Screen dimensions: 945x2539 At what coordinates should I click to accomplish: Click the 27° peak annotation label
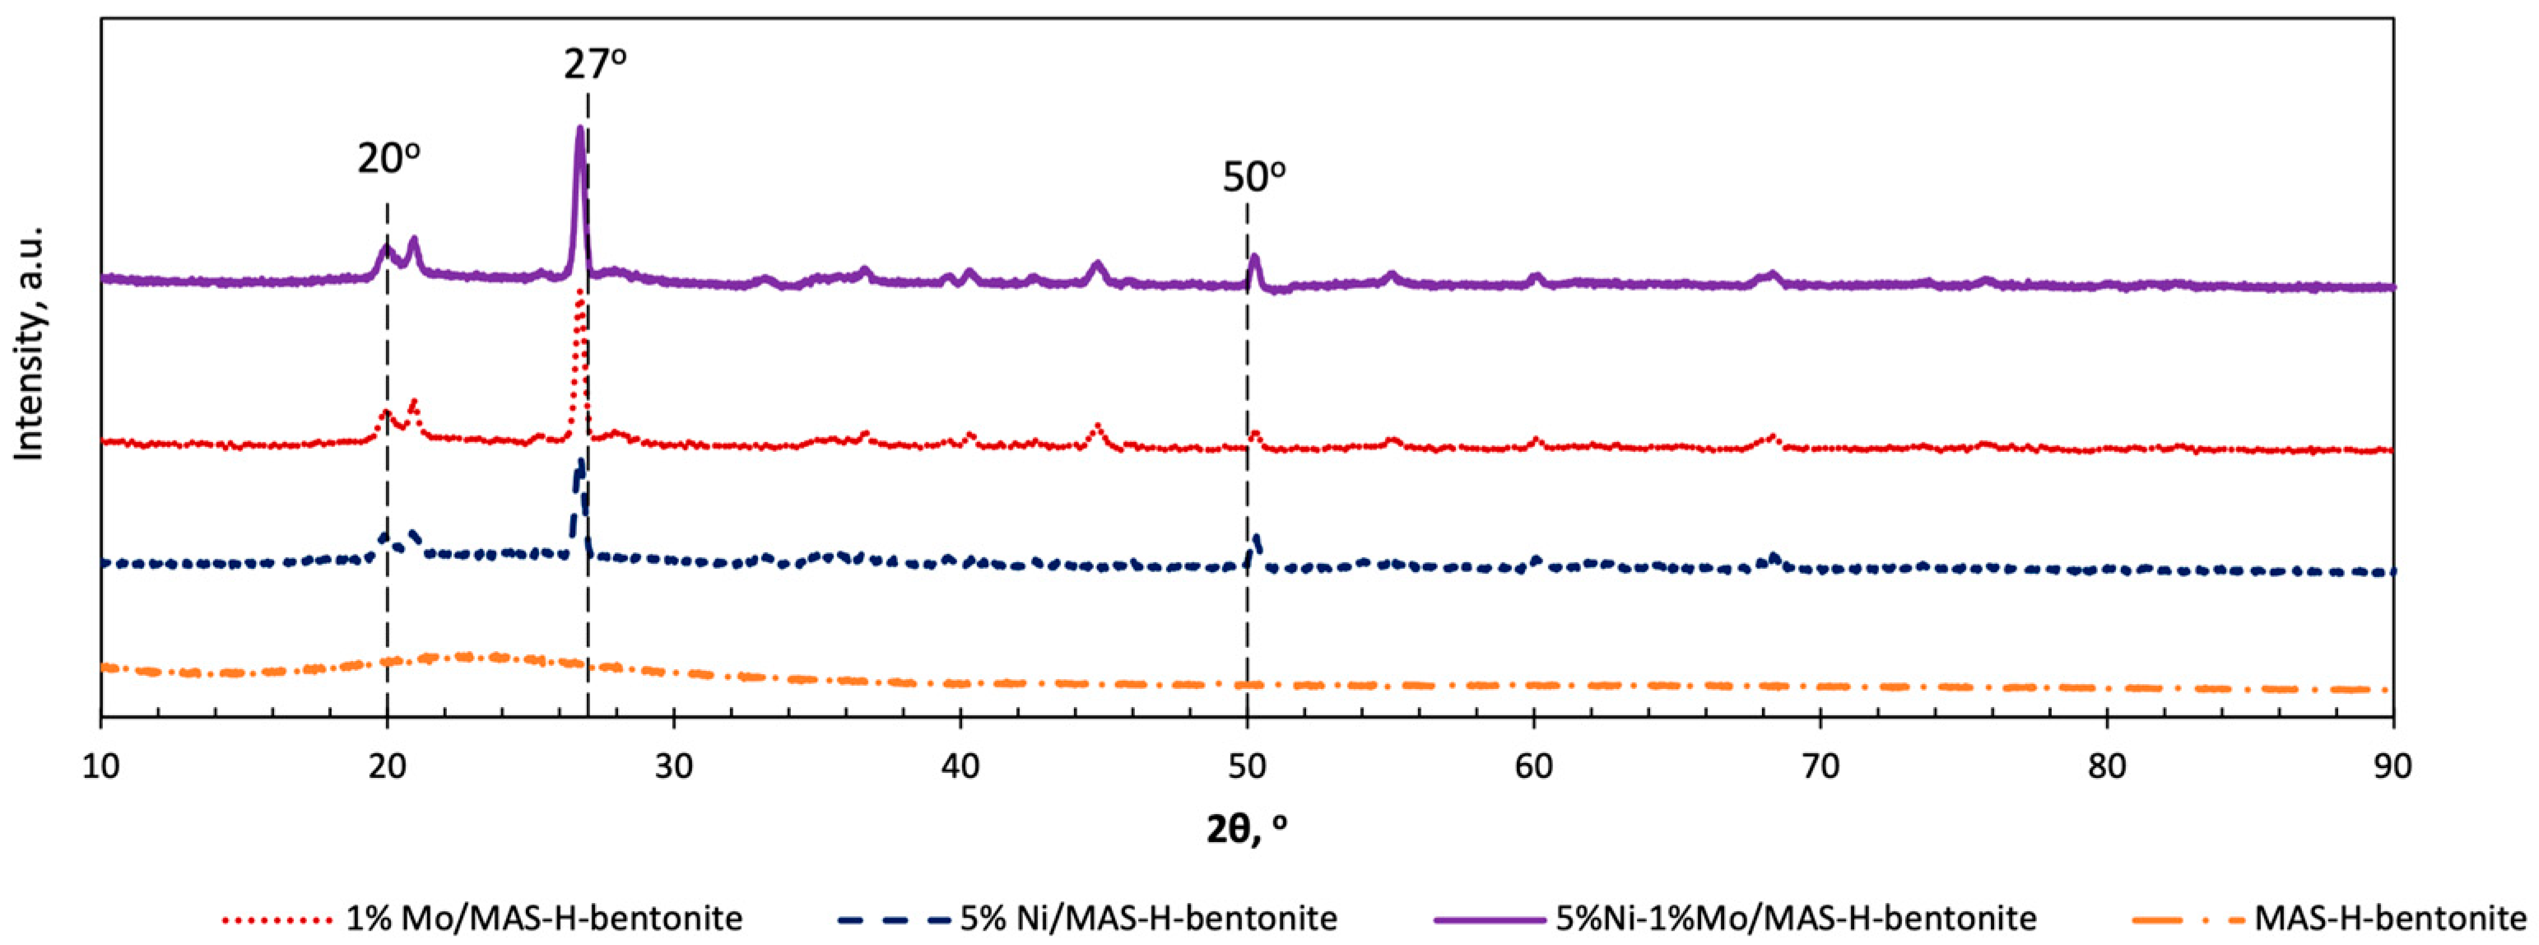pyautogui.click(x=594, y=65)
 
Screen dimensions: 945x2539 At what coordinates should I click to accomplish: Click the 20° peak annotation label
pyautogui.click(x=388, y=158)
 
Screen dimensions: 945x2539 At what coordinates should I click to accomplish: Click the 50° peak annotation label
pyautogui.click(x=1253, y=177)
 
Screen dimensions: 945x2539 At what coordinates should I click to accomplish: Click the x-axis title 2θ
pyautogui.click(x=1246, y=829)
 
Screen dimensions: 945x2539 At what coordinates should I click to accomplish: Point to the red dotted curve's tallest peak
pyautogui.click(x=579, y=293)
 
